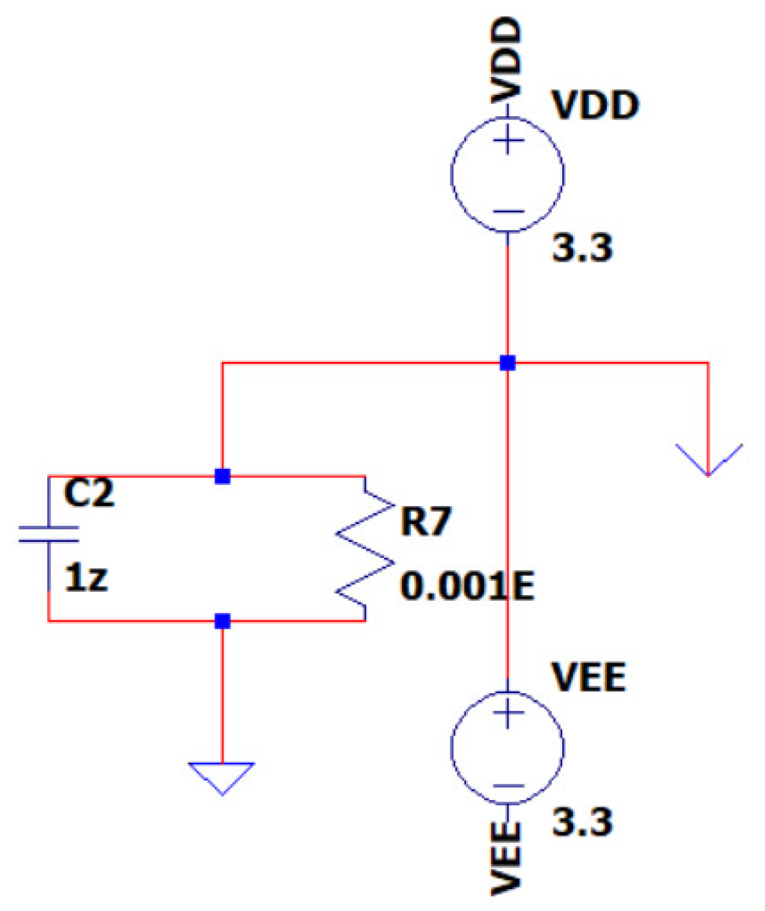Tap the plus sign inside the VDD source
pos(508,141)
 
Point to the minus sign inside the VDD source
pos(508,212)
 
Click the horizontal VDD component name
pos(596,105)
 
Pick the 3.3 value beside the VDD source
pos(582,248)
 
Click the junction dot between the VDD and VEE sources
pos(508,363)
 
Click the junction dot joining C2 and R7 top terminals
pos(223,476)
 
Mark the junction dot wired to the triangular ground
pos(223,621)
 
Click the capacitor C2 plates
pos(49,535)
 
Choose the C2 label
pos(88,493)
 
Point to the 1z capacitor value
pos(86,578)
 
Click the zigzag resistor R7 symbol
pos(364,548)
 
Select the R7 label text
pos(425,521)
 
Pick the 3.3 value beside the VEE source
pos(582,822)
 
